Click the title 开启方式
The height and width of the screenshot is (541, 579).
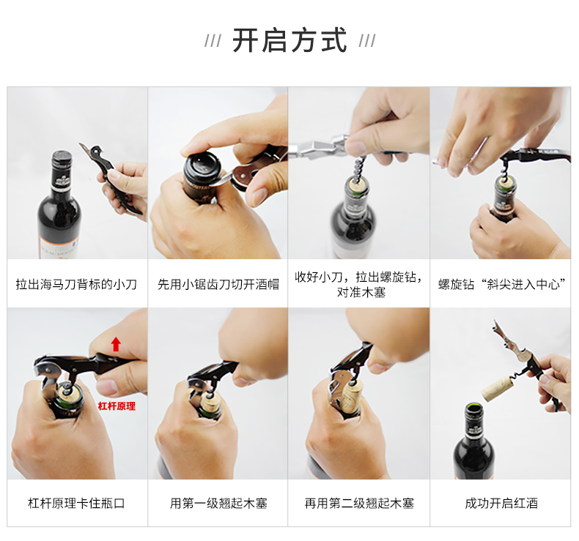(289, 40)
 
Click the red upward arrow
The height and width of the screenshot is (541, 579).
(116, 344)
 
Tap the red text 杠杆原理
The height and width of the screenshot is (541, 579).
(117, 406)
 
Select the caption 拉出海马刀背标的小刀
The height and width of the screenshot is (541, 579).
(76, 284)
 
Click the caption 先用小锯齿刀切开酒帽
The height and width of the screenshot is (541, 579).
(218, 284)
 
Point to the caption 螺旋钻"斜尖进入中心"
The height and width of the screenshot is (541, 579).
(501, 284)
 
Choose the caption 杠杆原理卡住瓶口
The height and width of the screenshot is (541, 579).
(76, 503)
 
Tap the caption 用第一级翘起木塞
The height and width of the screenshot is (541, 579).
(218, 503)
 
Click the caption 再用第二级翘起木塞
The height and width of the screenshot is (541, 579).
(359, 503)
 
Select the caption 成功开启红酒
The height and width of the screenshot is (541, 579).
(501, 503)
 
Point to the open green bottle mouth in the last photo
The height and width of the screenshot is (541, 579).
(473, 408)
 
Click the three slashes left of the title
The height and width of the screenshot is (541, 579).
(213, 40)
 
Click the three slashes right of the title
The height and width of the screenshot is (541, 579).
(367, 40)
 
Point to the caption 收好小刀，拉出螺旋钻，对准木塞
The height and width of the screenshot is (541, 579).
(359, 284)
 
